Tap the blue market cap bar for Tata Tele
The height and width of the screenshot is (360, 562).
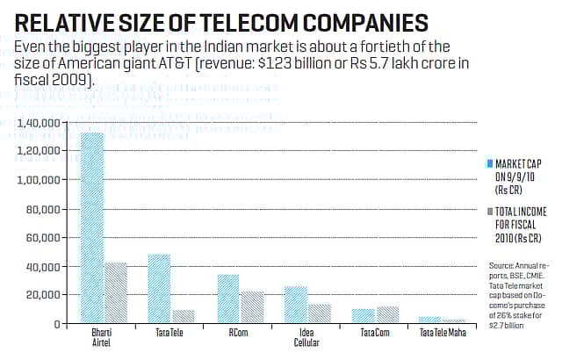pos(159,289)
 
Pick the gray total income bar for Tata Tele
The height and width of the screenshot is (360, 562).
pos(182,317)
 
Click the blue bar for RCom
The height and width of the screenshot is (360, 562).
pos(227,299)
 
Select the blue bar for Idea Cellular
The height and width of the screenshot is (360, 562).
pos(296,305)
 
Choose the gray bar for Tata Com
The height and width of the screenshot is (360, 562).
pos(386,315)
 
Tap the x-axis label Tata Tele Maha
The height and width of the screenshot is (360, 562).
pos(443,333)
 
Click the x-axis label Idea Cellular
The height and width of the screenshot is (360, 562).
pos(306,338)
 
